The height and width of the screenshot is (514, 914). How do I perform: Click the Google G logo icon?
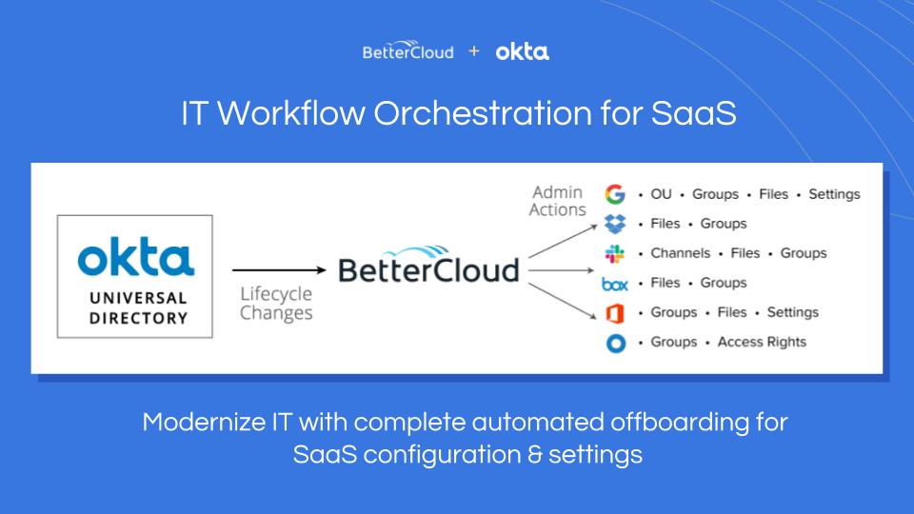tap(615, 194)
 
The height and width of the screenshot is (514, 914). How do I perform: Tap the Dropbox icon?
tap(615, 224)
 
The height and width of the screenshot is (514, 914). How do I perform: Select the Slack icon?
tap(614, 253)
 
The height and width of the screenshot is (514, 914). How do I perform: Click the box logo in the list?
tap(615, 284)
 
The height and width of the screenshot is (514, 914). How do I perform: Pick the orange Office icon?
tap(615, 313)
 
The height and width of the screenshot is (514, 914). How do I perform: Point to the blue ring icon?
tap(616, 344)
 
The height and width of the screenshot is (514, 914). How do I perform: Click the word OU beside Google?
tap(661, 194)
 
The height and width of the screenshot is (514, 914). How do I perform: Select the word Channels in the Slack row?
tap(680, 253)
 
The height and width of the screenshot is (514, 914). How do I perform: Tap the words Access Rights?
tap(762, 342)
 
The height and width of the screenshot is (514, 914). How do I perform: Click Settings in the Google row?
tap(834, 194)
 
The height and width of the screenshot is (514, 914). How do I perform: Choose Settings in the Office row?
tap(793, 312)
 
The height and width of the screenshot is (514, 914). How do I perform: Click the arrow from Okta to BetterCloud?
tap(279, 269)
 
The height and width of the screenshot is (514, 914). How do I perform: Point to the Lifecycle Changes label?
tap(276, 304)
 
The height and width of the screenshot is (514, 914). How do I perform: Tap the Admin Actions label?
tap(557, 201)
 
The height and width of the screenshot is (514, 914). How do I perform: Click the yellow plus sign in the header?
tap(474, 51)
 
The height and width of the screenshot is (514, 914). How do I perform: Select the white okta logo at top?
tap(523, 51)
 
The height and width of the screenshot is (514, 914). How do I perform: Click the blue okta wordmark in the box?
tap(136, 256)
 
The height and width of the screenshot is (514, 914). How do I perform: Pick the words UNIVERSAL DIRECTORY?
tap(138, 307)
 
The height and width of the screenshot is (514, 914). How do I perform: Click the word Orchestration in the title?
tap(483, 113)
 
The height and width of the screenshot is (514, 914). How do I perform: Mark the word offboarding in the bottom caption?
tap(680, 423)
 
